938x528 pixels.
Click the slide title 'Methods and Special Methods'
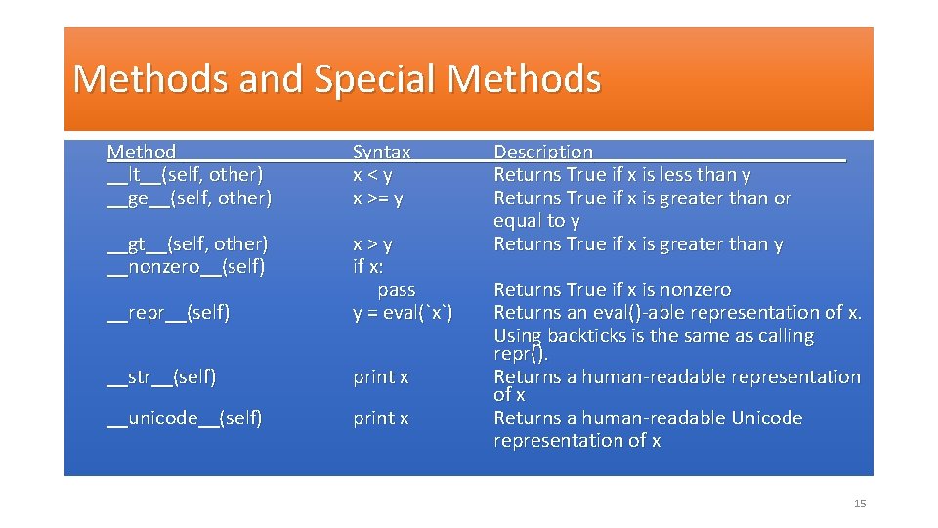336,78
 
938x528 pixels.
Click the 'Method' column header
142,152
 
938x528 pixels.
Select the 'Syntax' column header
381,152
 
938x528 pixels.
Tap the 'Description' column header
543,152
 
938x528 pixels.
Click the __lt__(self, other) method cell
185,175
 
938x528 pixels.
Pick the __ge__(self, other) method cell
189,198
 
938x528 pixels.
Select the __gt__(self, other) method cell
187,243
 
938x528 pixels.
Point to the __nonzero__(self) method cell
186,266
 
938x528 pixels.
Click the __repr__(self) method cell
168,313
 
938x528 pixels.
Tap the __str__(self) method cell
161,376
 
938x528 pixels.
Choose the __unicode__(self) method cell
184,418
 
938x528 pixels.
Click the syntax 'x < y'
372,175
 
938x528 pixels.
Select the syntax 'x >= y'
378,198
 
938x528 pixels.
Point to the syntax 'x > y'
372,243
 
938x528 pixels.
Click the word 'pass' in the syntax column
396,290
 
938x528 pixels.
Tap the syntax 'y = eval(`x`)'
403,313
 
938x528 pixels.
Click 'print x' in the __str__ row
381,376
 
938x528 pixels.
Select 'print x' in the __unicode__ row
381,418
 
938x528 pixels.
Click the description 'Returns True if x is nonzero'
613,290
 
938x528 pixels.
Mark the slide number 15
860,504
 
